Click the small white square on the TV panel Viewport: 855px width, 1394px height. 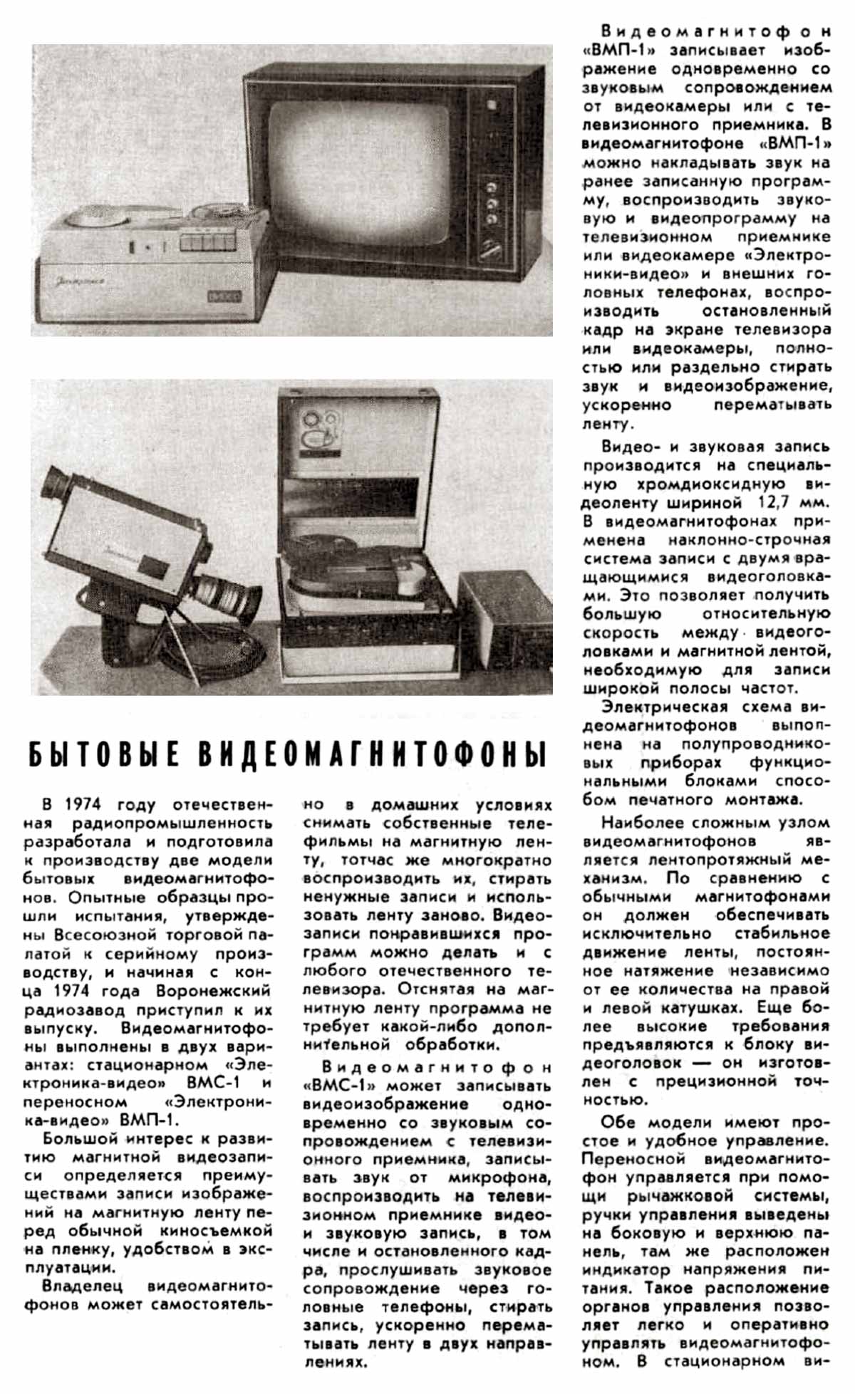(491, 104)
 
